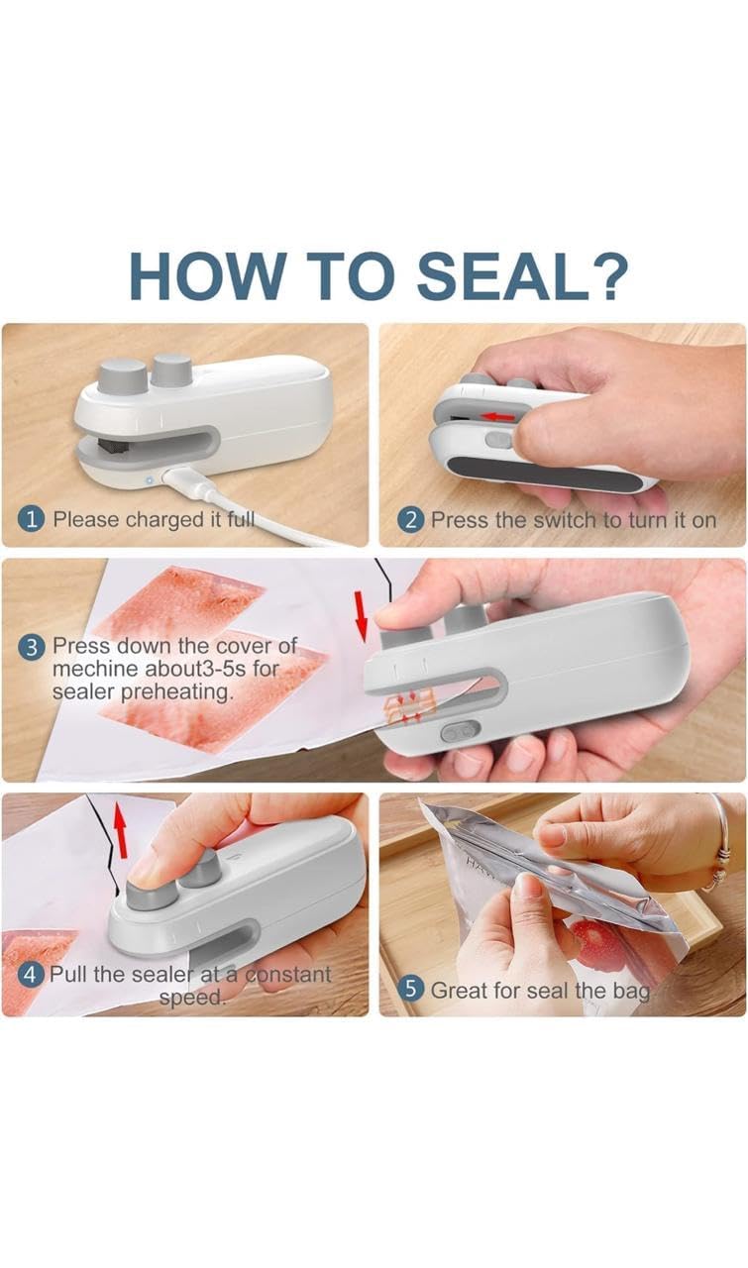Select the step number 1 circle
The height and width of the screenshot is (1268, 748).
[33, 519]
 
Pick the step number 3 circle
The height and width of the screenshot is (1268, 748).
[33, 647]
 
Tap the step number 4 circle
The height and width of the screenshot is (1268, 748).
[33, 974]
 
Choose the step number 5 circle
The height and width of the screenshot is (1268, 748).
[411, 988]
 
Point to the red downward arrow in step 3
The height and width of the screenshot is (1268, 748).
[361, 613]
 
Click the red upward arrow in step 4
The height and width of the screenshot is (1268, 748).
[122, 829]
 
